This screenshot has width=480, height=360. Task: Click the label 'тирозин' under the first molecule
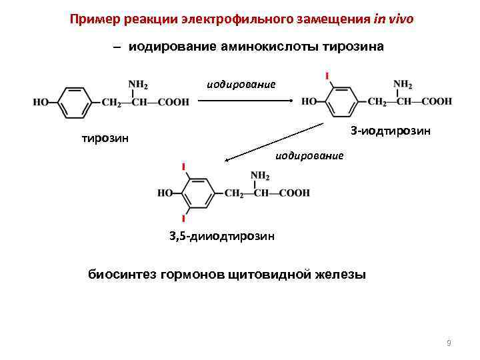click(x=104, y=139)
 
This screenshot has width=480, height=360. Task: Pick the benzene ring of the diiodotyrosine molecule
click(x=195, y=193)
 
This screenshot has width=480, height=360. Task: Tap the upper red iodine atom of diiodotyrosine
click(x=183, y=166)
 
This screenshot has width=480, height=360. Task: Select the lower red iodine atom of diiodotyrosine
click(x=183, y=219)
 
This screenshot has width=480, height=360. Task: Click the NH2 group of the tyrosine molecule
click(x=138, y=85)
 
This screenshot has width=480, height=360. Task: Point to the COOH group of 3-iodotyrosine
click(x=437, y=101)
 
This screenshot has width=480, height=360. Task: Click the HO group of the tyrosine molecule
click(x=41, y=103)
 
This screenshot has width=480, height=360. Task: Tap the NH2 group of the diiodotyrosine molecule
click(x=260, y=176)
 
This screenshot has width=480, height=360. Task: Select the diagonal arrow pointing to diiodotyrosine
click(x=277, y=142)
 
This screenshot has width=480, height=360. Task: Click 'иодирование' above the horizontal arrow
click(x=241, y=84)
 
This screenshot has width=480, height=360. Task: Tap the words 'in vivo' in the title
click(x=393, y=19)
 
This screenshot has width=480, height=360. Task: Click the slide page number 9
click(x=449, y=343)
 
